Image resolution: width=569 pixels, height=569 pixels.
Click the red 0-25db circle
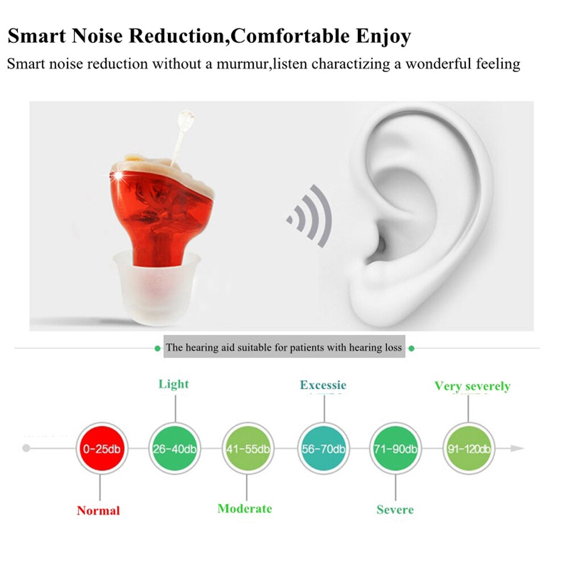coord(100,448)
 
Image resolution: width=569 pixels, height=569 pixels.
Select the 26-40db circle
coord(174,448)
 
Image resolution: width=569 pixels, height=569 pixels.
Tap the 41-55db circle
coord(248,448)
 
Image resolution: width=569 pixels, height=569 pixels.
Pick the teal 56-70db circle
coord(323,448)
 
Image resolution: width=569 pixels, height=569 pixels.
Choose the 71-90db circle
coord(395,448)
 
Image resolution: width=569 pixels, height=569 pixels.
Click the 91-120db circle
coord(468,448)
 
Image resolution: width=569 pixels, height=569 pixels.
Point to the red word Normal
coord(98,510)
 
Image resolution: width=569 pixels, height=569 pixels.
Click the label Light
coord(174,384)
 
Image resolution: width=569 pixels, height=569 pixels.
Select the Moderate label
coord(245,509)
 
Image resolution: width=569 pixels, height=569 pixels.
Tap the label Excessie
coord(323,385)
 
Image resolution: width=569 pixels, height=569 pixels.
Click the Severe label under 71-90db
coord(395,509)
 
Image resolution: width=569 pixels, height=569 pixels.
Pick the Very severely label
coord(472,386)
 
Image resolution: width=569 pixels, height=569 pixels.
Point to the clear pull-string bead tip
coord(185,119)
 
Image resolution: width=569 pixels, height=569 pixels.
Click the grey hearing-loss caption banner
coord(284,347)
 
